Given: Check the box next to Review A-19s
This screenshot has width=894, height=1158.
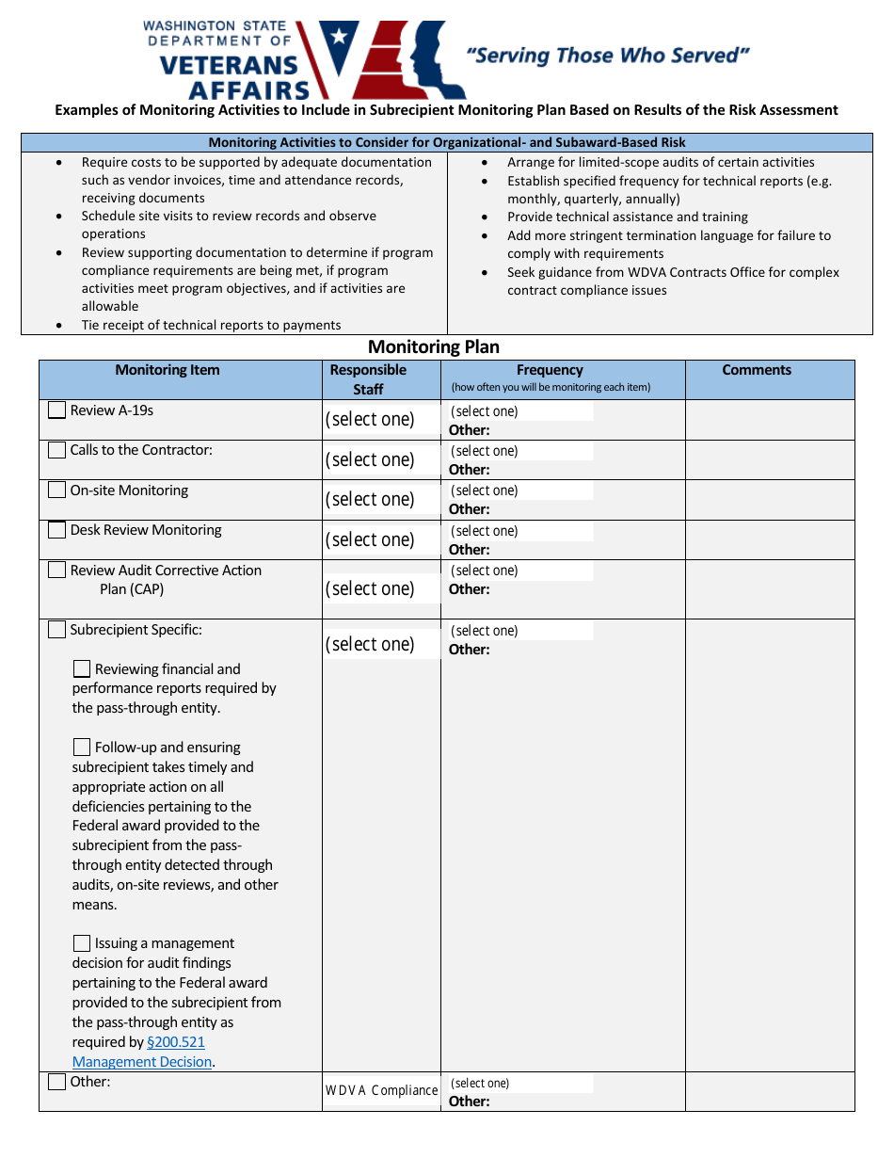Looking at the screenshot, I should point(57,410).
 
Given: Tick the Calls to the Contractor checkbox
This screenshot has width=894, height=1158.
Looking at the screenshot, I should point(57,450).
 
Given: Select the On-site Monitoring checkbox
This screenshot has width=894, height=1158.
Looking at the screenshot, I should point(57,491).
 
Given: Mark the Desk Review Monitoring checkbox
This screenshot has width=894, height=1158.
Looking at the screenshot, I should point(57,530).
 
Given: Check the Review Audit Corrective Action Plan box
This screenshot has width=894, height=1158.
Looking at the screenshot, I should point(57,571).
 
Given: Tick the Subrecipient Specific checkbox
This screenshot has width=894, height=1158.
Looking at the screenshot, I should point(57,630).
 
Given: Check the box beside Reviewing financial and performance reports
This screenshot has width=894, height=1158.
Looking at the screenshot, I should point(82,669).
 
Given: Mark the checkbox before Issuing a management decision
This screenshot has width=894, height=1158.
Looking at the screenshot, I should point(82,943).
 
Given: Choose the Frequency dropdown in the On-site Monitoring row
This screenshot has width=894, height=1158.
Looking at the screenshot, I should point(520,491).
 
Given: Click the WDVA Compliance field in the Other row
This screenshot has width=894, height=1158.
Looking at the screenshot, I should point(381,1090).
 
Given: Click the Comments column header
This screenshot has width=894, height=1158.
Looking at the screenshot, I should point(757,370).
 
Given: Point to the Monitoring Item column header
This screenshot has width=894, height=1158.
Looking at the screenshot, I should point(168,370).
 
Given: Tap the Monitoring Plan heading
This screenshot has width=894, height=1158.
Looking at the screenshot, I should point(434,346).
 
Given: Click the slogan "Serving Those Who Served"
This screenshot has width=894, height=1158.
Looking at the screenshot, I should point(608,56).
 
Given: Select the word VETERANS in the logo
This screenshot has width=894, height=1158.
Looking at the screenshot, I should point(229,65).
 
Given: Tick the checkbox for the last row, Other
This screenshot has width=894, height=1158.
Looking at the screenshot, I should point(57,1082).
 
